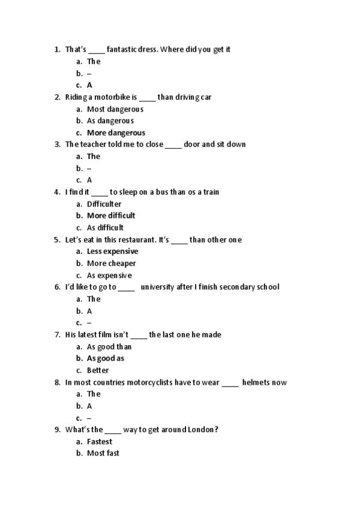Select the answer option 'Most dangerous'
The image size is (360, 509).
point(115,109)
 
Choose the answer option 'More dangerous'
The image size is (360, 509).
point(116,133)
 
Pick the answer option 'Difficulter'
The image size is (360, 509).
point(104,204)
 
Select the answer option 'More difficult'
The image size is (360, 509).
point(111,215)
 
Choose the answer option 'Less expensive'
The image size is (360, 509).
point(112,251)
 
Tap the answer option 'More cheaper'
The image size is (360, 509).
point(111,264)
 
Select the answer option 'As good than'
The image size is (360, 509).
point(109,346)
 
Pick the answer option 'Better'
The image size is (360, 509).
point(98,370)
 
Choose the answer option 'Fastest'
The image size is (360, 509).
point(99,442)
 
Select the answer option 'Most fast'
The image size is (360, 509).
point(103,453)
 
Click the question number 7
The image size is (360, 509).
point(57,335)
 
